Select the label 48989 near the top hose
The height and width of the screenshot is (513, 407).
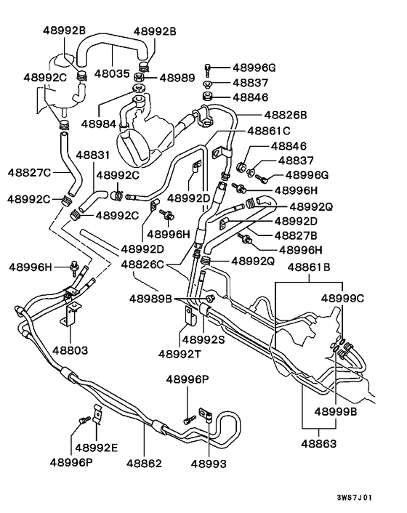177,77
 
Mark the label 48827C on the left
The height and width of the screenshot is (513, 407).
29,172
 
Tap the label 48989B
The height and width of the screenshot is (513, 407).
151,298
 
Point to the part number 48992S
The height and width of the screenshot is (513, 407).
203,339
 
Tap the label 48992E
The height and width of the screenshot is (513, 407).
97,447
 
